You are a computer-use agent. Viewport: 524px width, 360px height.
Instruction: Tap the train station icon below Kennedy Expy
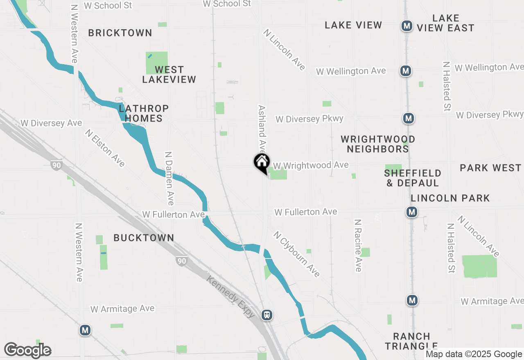pos(267,315)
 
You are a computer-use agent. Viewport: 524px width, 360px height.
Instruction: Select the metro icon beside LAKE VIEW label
pos(407,26)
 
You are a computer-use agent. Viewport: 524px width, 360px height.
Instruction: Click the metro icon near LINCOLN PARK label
pos(412,212)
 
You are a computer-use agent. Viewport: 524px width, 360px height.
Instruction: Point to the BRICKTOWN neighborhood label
pos(120,33)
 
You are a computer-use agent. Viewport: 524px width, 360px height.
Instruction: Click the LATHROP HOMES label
pos(143,113)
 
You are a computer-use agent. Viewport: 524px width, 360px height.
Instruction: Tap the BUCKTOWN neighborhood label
pos(144,238)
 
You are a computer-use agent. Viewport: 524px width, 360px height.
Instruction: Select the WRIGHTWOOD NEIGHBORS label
pos(378,144)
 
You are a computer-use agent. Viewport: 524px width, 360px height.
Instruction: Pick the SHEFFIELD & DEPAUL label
pos(413,178)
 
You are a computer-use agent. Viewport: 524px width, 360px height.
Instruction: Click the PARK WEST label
pos(490,168)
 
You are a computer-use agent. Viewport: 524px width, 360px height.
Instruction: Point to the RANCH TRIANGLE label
pos(411,341)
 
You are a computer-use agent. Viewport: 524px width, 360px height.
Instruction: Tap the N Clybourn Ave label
pos(296,254)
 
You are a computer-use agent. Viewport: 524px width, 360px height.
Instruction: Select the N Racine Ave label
pos(358,245)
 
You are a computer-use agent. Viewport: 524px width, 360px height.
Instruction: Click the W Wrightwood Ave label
pos(311,165)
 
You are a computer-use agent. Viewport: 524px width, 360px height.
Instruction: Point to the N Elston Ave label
pos(105,148)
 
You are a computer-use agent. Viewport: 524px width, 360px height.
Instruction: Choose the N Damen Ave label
pos(169,178)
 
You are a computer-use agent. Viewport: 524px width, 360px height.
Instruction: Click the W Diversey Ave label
pos(52,123)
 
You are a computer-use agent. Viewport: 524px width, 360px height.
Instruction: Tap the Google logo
pos(27,350)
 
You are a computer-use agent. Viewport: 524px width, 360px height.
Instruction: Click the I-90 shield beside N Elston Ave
pos(56,165)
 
